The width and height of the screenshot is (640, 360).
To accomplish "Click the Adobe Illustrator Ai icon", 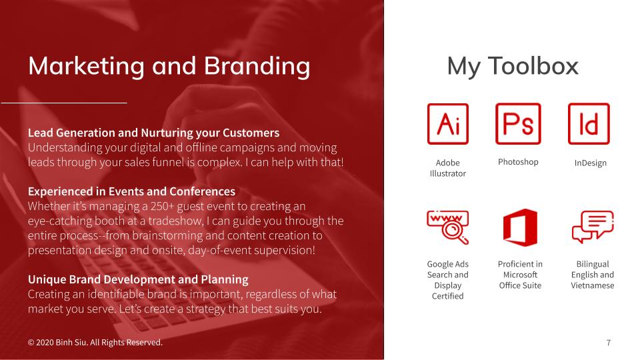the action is [x=448, y=124].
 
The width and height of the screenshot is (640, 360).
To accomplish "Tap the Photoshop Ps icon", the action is [x=518, y=124].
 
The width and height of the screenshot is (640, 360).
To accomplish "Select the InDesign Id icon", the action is [x=589, y=124].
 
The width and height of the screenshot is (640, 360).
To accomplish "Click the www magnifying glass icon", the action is [x=448, y=227].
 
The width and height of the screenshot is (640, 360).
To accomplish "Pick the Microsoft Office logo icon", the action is [x=519, y=227].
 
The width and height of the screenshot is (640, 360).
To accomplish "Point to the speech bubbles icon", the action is [x=593, y=227].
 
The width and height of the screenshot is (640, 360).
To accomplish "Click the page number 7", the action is [x=608, y=343].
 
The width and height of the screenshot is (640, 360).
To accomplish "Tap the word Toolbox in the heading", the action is [x=533, y=66].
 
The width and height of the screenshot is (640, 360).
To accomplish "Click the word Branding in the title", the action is [x=257, y=66].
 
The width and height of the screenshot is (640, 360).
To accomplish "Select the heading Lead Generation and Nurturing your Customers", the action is [x=153, y=133].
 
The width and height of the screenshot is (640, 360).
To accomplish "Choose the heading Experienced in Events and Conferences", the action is [x=131, y=191].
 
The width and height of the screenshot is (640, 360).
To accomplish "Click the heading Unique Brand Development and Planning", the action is [x=138, y=279].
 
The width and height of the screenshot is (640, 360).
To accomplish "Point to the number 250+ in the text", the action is [x=162, y=206].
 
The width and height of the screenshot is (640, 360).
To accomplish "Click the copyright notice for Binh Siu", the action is [x=95, y=343].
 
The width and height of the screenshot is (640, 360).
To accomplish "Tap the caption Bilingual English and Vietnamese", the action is [x=592, y=275].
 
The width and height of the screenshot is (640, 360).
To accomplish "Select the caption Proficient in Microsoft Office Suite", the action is [x=520, y=275].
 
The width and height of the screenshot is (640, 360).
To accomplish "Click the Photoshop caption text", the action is [x=518, y=162].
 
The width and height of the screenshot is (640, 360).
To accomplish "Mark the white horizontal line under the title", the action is [x=64, y=103].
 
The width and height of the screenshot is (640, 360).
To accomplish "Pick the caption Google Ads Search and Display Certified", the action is [x=448, y=280].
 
